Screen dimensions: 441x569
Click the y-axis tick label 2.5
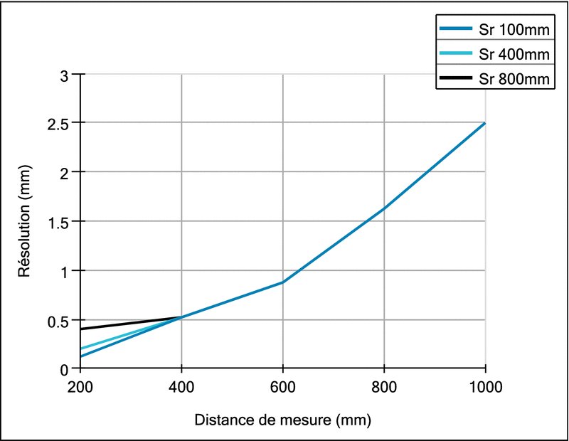click(62, 123)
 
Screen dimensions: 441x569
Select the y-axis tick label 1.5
click(62, 221)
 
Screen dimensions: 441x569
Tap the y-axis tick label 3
click(68, 74)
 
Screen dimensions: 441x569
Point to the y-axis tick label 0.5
click(62, 320)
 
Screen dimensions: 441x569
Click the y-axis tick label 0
click(68, 369)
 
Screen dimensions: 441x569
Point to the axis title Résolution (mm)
click(24, 221)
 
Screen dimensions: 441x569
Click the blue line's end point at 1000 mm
click(485, 123)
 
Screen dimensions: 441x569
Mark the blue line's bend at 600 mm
click(283, 282)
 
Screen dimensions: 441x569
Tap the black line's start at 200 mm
click(81, 329)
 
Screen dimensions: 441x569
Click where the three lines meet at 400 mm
click(182, 317)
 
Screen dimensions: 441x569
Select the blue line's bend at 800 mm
click(384, 208)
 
